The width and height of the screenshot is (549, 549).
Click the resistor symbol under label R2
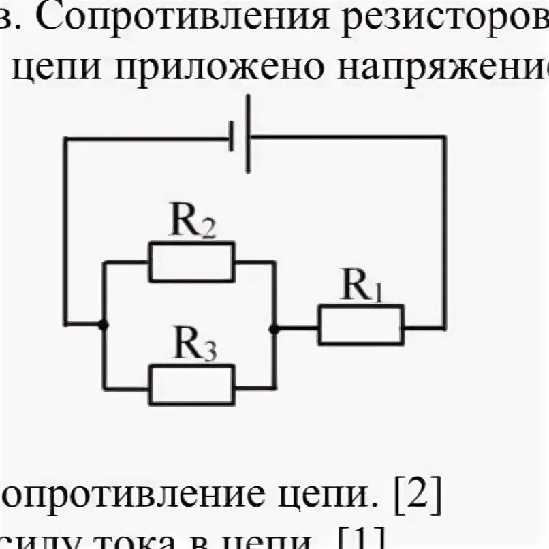tap(191, 261)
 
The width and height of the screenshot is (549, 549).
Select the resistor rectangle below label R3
tap(191, 385)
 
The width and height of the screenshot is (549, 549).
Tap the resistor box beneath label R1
tap(360, 325)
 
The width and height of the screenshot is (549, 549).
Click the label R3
tap(194, 347)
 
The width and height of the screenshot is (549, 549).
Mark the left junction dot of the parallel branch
tap(103, 325)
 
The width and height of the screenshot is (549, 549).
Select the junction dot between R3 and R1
tap(274, 328)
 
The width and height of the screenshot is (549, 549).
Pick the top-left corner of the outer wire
tap(65, 138)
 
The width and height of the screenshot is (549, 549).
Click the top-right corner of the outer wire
tap(445, 137)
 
